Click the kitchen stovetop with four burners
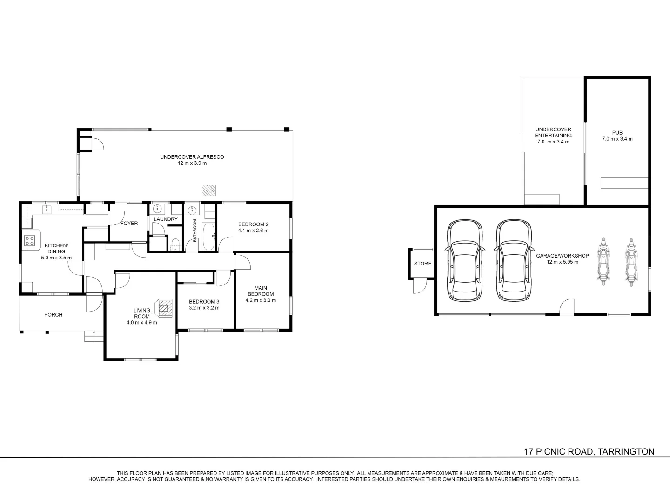(30, 241)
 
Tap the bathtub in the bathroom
(208, 237)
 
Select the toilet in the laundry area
(175, 245)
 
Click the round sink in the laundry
(157, 209)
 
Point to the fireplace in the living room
(164, 308)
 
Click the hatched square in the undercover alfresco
(209, 190)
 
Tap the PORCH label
(53, 314)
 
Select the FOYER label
(129, 223)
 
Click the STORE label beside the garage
(422, 264)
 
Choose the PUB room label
(617, 133)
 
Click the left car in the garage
(465, 260)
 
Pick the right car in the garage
(514, 260)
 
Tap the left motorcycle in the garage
(603, 262)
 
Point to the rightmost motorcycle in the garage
(630, 262)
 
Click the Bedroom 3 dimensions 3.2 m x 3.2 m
(204, 308)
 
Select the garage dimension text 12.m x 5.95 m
(563, 262)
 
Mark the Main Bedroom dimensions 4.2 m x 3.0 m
(261, 300)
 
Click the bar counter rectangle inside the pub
(624, 183)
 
